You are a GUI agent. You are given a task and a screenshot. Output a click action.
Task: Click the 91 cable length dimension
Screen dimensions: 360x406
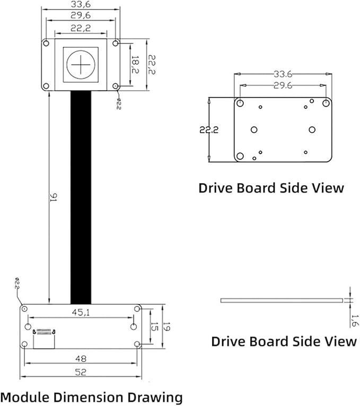tap(53, 197)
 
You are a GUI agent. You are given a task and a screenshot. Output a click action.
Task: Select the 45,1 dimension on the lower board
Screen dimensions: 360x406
tap(81, 313)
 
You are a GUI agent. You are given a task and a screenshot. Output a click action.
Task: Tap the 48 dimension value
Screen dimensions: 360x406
tap(81, 359)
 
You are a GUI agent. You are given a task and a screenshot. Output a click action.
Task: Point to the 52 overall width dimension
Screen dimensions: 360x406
tap(81, 372)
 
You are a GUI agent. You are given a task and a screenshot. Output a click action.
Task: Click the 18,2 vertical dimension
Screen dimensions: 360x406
tap(135, 64)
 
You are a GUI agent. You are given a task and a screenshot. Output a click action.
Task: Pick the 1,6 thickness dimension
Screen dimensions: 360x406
tap(355, 321)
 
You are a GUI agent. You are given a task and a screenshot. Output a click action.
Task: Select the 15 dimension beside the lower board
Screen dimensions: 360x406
tap(154, 327)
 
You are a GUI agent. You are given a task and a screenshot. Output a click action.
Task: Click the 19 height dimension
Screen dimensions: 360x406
tap(166, 327)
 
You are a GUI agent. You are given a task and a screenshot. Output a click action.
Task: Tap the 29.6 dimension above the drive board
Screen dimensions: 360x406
tap(283, 85)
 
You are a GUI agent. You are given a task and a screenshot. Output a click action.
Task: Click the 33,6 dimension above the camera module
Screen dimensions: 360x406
tap(81, 4)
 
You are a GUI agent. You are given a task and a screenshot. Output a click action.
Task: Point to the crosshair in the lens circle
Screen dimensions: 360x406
tap(81, 64)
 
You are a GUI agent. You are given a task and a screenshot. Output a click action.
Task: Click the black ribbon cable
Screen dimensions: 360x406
tap(81, 197)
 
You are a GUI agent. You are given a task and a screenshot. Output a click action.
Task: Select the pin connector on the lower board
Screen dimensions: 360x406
tap(43, 332)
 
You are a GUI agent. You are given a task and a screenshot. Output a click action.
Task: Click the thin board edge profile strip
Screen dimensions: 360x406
tap(282, 300)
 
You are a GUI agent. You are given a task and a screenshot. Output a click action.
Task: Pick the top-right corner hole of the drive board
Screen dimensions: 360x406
tap(326, 103)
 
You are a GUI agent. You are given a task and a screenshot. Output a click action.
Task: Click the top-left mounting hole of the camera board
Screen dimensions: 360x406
tap(46, 43)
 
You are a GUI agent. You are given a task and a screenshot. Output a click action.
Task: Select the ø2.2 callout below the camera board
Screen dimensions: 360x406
tap(118, 103)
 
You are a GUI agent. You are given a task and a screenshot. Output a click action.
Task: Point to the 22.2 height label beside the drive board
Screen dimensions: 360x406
tap(209, 129)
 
